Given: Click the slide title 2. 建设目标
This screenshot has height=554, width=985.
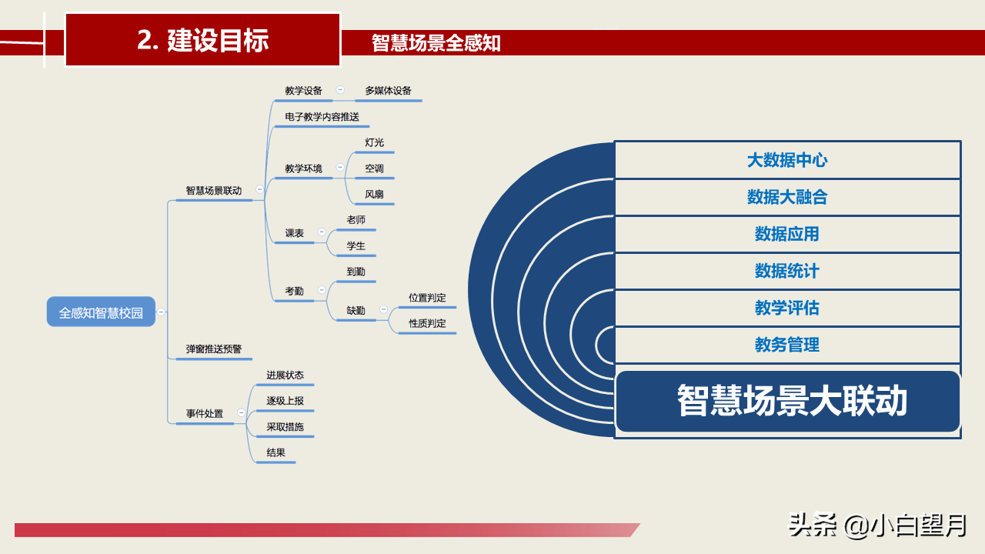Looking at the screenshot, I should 202,40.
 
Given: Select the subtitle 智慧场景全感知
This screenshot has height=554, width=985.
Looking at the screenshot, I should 436,43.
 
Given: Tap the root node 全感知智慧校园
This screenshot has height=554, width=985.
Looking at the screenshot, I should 101,312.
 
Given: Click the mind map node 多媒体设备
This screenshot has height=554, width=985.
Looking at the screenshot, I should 389,91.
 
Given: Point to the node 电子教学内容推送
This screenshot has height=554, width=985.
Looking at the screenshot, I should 322,117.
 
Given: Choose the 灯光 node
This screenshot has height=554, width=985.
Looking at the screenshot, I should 374,142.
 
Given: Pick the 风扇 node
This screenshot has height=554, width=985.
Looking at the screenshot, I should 374,194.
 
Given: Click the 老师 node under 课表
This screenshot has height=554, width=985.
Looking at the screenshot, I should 356,220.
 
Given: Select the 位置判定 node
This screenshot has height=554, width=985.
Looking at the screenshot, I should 427,298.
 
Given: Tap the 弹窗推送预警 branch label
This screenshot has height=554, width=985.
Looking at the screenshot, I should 214,349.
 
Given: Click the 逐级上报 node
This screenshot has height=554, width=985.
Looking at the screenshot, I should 285,401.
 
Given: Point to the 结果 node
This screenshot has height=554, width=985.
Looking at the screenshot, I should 275,452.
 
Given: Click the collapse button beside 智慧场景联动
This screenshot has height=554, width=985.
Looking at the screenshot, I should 259,189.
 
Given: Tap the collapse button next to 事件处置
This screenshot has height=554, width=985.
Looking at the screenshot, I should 241,413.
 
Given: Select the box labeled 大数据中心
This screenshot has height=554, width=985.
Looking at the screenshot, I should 787,160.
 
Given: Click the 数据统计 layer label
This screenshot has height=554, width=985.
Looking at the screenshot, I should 787,271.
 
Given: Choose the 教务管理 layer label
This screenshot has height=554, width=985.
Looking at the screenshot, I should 787,345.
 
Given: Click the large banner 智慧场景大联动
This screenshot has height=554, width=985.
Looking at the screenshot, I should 791,401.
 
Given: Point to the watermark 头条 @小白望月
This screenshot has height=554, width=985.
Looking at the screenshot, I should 877,526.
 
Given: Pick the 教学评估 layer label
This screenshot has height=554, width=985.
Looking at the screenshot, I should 787,308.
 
